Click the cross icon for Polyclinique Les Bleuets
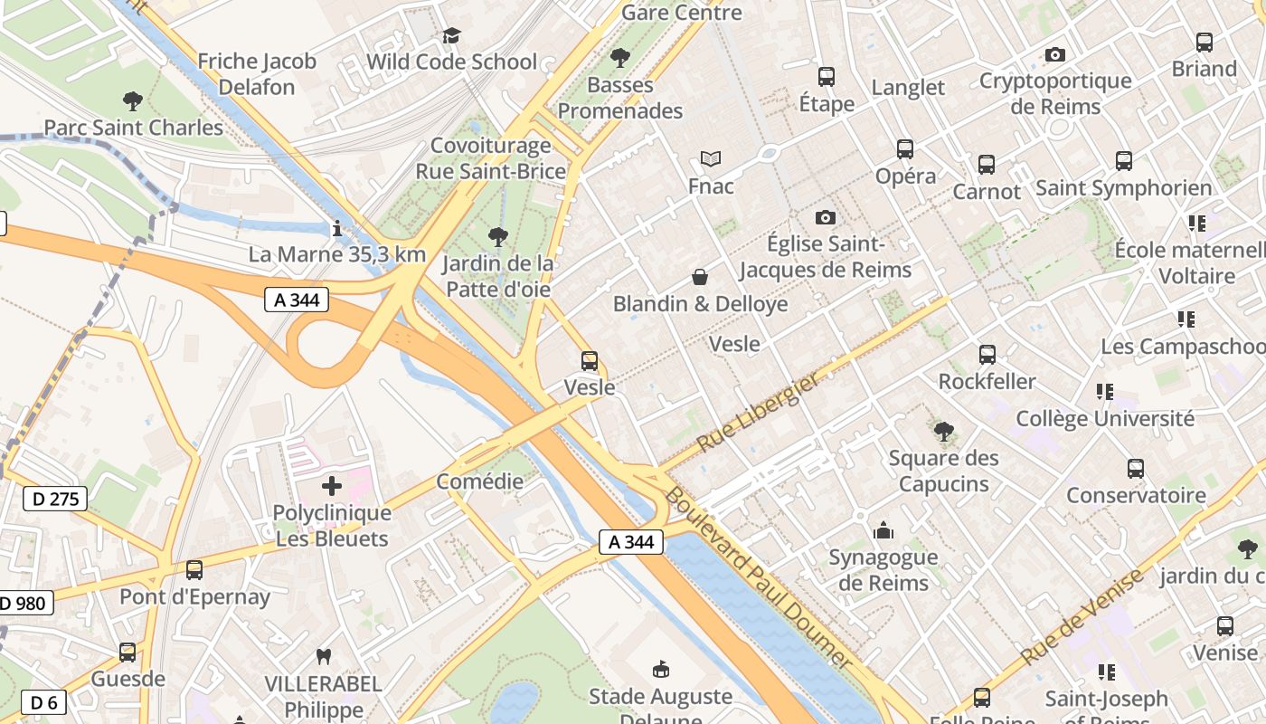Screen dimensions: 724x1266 tap(332, 487)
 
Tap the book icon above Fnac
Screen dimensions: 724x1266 tap(711, 159)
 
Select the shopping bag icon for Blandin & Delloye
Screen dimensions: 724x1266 tap(699, 277)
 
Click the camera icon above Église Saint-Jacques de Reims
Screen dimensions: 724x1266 tap(825, 217)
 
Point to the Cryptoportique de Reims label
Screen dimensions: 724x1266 tap(1055, 93)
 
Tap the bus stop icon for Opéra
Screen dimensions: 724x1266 tap(904, 149)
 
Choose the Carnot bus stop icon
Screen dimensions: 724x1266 tap(987, 165)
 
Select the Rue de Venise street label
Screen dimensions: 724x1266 tap(1082, 617)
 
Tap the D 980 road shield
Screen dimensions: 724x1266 tap(25, 603)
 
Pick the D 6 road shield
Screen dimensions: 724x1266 tap(42, 702)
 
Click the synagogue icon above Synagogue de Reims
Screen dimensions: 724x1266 tap(883, 530)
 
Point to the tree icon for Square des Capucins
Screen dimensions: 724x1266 tap(943, 431)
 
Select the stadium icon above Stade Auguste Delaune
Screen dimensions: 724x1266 tap(661, 670)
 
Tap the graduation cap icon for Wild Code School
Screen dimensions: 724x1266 tap(450, 35)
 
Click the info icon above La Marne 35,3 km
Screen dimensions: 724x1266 tap(336, 228)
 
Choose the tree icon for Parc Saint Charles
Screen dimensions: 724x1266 tap(133, 100)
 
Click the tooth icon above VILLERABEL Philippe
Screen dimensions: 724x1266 tap(323, 656)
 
